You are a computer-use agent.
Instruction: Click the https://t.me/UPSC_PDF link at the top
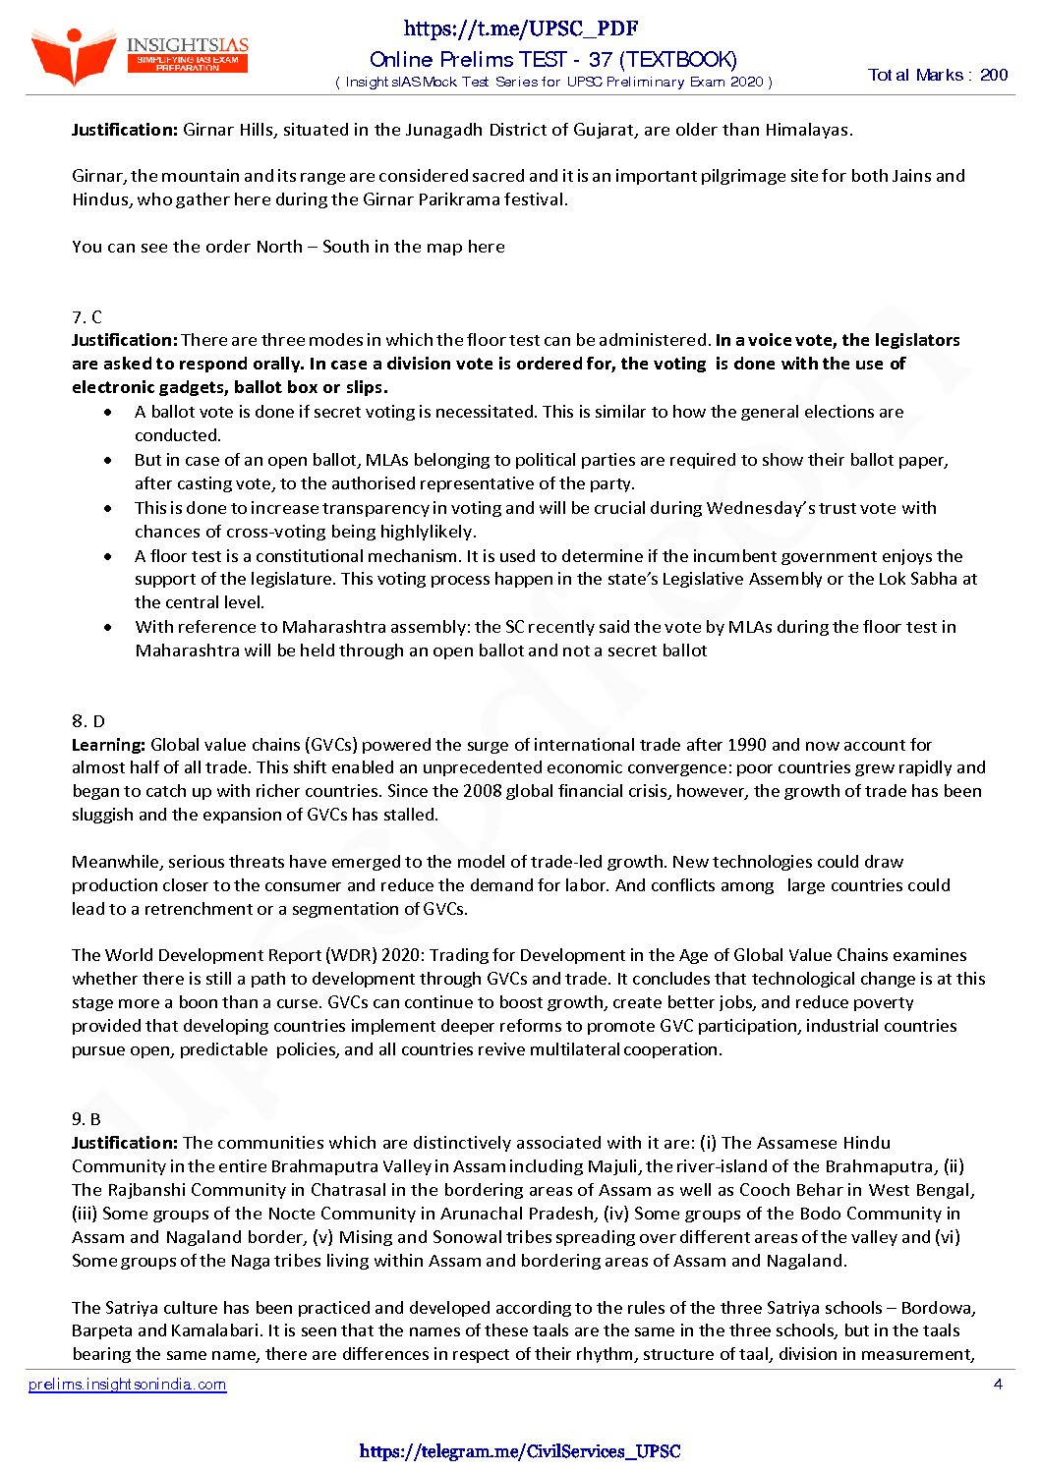(521, 28)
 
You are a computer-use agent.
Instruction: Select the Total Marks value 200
(994, 75)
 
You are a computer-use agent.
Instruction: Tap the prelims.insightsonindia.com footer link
(128, 1385)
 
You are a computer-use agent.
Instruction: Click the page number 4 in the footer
(998, 1385)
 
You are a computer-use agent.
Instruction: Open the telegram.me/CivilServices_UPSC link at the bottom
(520, 1451)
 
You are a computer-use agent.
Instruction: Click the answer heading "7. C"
(87, 316)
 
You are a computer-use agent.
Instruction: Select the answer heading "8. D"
(87, 720)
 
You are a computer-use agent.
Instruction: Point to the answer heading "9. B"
(87, 1118)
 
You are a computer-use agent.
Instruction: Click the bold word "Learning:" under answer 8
(108, 744)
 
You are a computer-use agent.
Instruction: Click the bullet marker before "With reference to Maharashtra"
(108, 627)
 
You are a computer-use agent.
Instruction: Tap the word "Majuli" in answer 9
(613, 1166)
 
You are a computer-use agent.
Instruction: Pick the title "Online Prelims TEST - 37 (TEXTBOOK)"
(552, 60)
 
